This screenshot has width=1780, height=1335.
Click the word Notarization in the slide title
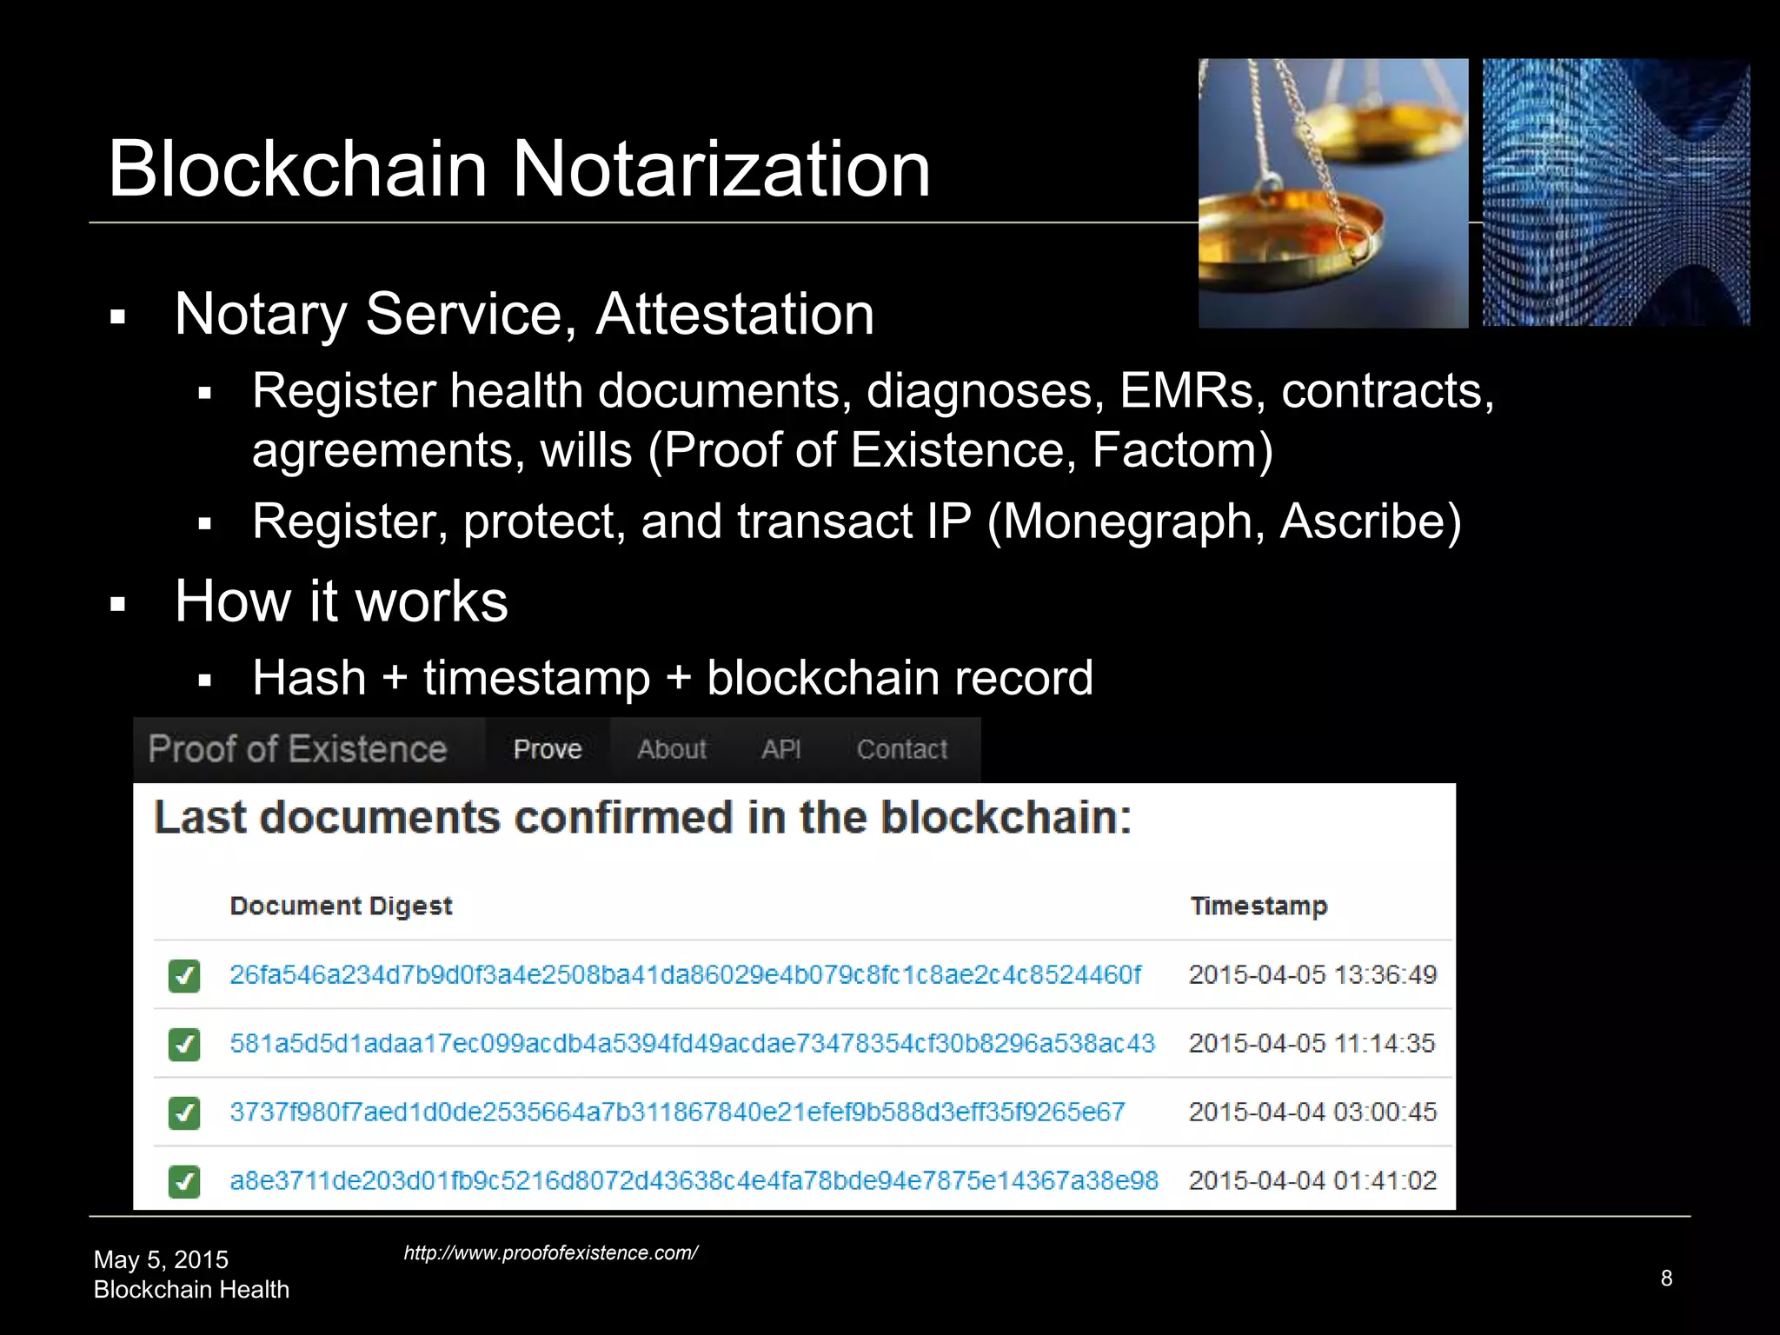(x=721, y=169)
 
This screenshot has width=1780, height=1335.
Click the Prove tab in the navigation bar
(x=548, y=749)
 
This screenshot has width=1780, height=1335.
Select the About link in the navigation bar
(x=672, y=749)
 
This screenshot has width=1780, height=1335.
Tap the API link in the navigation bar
(x=781, y=749)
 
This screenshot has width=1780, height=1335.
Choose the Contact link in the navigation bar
(x=902, y=749)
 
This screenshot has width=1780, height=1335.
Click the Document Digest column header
(x=341, y=906)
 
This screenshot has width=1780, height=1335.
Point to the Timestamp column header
(x=1259, y=906)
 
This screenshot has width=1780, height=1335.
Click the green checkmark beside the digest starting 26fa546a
(x=184, y=975)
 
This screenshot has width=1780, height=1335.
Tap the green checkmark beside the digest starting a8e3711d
(x=184, y=1181)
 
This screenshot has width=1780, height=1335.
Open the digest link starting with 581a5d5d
(x=692, y=1043)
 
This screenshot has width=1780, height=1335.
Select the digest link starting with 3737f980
(x=677, y=1112)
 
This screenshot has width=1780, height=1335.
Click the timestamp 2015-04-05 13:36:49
(x=1312, y=974)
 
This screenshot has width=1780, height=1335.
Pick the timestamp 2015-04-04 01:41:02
(x=1312, y=1180)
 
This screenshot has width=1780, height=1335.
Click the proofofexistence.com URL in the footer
(x=550, y=1252)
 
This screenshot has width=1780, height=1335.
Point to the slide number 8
(x=1666, y=1278)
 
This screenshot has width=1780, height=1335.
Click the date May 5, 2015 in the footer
(x=161, y=1259)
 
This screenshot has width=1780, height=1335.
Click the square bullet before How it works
(x=118, y=604)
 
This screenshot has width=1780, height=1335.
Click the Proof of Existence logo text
(x=297, y=749)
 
